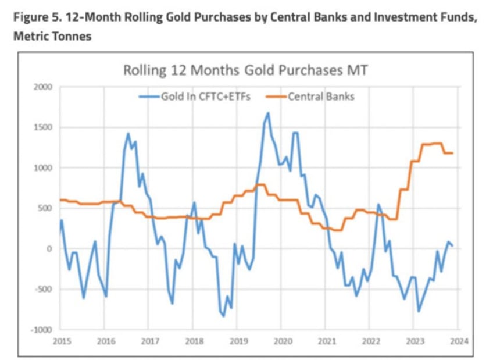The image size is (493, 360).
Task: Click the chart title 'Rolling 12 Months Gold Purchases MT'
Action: [245, 70]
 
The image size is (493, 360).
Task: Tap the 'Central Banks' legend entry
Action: [321, 97]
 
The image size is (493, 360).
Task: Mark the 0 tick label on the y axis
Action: [49, 249]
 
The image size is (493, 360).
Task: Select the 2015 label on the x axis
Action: [62, 341]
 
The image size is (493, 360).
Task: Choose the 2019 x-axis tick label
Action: [238, 341]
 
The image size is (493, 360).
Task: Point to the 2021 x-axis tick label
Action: [326, 341]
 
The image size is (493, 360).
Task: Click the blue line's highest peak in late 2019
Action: [268, 113]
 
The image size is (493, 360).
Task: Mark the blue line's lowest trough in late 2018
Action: [223, 316]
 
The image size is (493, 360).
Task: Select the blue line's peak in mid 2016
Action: [128, 134]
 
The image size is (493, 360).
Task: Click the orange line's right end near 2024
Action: [453, 153]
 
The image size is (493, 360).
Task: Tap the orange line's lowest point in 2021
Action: [337, 230]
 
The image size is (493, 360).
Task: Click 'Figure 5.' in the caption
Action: [33, 17]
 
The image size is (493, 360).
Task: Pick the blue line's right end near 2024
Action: [453, 245]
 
